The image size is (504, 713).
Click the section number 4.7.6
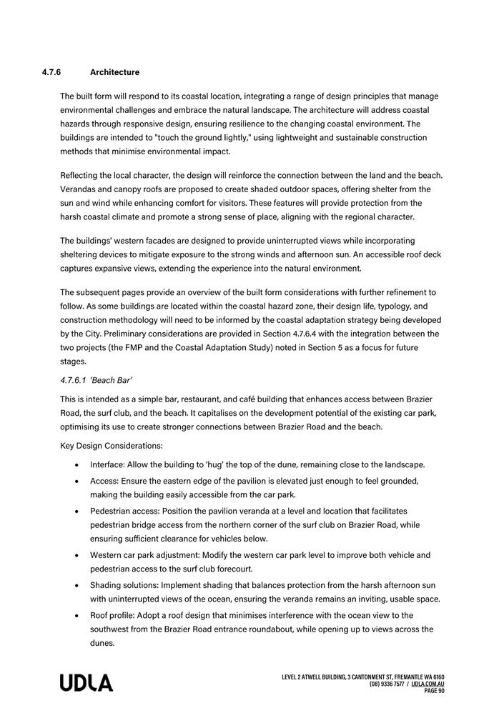click(52, 72)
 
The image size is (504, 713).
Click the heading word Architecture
click(114, 72)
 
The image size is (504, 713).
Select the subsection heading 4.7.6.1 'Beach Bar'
click(96, 380)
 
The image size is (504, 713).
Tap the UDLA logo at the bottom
click(86, 682)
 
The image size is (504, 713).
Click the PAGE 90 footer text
click(434, 691)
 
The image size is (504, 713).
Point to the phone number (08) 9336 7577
click(387, 684)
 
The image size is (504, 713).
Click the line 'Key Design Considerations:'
click(111, 446)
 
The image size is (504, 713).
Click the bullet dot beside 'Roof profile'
click(76, 616)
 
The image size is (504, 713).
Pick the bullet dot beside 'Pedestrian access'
click(76, 512)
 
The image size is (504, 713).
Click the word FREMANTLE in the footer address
click(415, 677)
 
